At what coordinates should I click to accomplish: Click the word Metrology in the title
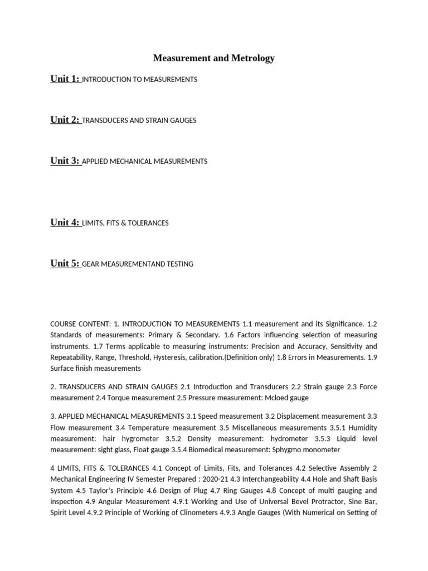[255, 58]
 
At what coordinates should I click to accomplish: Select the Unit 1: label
[65, 79]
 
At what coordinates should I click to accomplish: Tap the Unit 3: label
[65, 161]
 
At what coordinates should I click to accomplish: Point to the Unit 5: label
[65, 263]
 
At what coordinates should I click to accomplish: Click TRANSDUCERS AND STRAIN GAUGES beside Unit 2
[139, 120]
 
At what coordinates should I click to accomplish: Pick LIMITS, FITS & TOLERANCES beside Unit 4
[125, 223]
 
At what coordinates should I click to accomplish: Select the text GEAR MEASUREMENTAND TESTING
[138, 264]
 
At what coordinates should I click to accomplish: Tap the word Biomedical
[219, 449]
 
